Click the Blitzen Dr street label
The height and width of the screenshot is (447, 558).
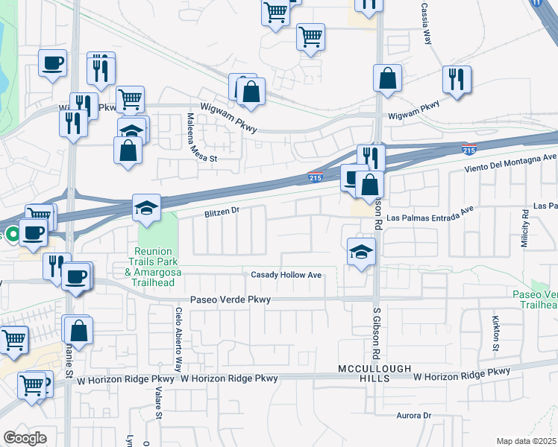pyautogui.click(x=222, y=212)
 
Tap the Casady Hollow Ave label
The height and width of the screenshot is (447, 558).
pyautogui.click(x=286, y=276)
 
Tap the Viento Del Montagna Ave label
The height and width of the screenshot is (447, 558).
pyautogui.click(x=511, y=162)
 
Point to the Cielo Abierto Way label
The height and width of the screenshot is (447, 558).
pyautogui.click(x=179, y=340)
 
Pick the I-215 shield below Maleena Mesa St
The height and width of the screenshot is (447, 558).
pyautogui.click(x=315, y=177)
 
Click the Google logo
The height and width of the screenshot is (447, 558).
pyautogui.click(x=25, y=438)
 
